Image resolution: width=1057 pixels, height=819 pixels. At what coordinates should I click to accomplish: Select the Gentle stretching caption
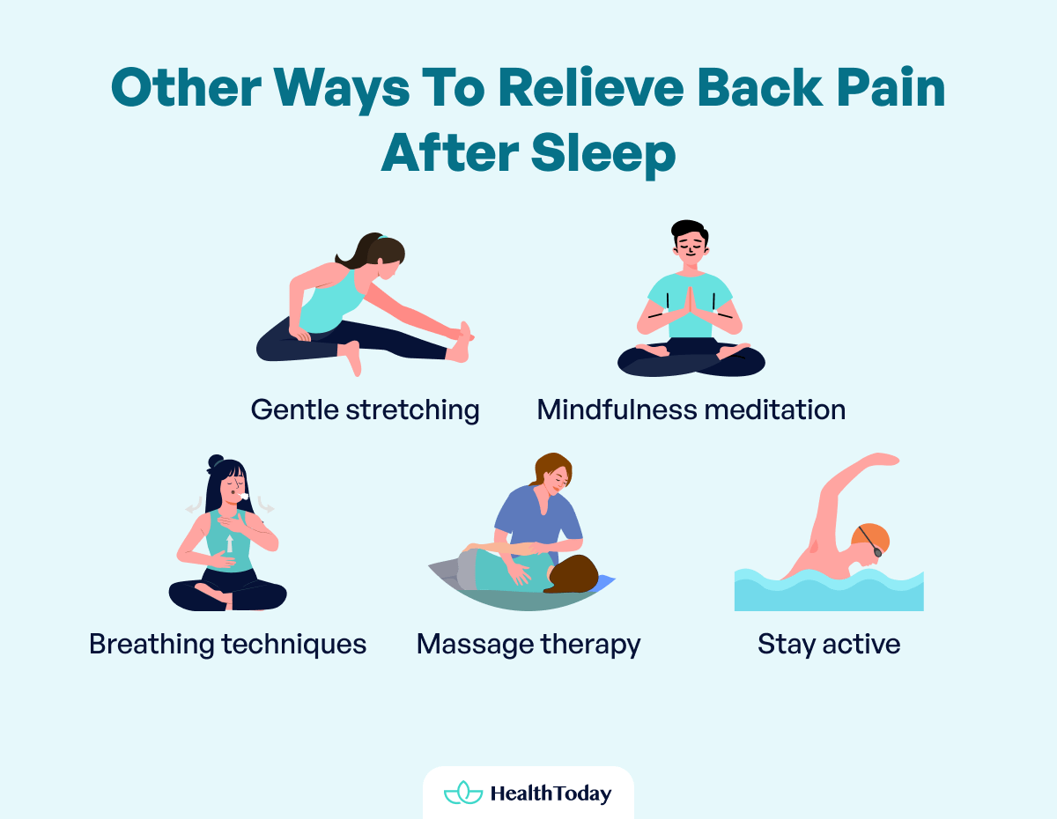[x=365, y=409]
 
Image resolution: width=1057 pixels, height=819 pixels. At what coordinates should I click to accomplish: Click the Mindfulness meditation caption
[x=691, y=409]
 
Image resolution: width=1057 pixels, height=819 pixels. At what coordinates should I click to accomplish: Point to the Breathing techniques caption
[x=227, y=644]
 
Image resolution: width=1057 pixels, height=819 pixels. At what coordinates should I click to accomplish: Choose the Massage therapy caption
[x=528, y=644]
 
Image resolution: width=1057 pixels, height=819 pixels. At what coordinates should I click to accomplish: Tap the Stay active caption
[x=829, y=644]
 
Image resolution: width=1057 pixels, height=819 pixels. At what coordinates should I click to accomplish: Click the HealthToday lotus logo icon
[x=463, y=793]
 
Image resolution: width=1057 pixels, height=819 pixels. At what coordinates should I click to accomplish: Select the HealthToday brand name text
[x=551, y=793]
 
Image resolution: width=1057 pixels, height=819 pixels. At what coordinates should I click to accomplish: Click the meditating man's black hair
[x=688, y=231]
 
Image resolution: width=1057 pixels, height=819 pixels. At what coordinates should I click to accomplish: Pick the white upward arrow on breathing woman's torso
[x=230, y=542]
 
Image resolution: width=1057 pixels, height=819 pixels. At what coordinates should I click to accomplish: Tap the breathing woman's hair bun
[x=216, y=461]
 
